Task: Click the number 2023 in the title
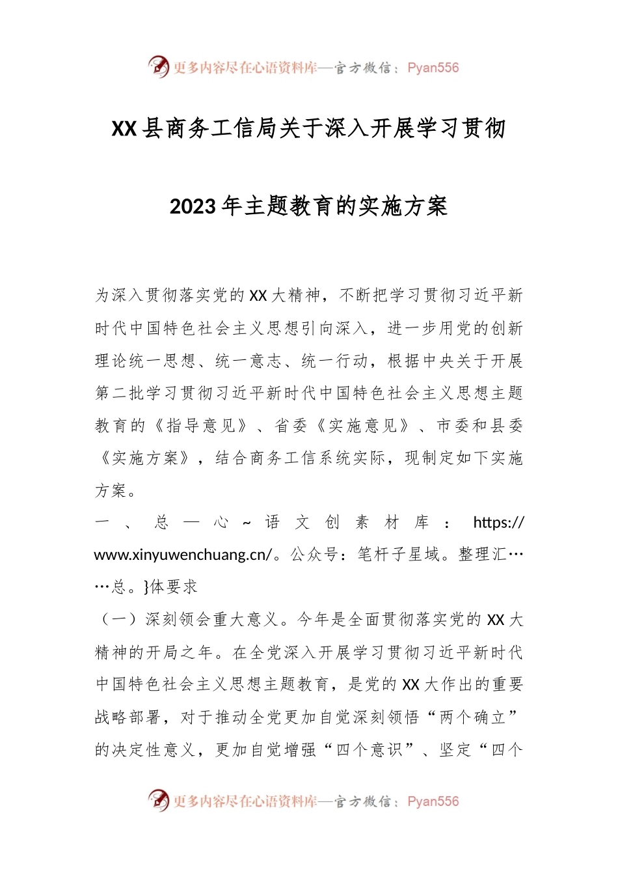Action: [193, 206]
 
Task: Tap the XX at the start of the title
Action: [124, 129]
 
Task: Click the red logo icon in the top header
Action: [158, 66]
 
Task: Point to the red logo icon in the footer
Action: [158, 800]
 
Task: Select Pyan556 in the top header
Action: [433, 68]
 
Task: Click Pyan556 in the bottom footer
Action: [433, 801]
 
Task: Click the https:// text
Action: [498, 523]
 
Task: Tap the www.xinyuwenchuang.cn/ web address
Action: [183, 555]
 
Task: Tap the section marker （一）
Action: [119, 619]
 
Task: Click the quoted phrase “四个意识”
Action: [369, 750]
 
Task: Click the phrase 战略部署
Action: [128, 717]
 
